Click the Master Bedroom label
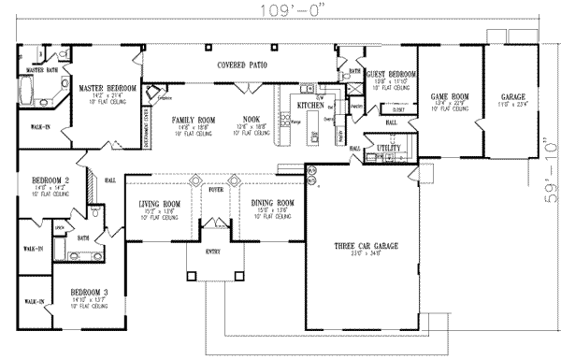pyautogui.click(x=108, y=88)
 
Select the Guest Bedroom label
pyautogui.click(x=391, y=74)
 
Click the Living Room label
pyautogui.click(x=157, y=203)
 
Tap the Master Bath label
pyautogui.click(x=42, y=70)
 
